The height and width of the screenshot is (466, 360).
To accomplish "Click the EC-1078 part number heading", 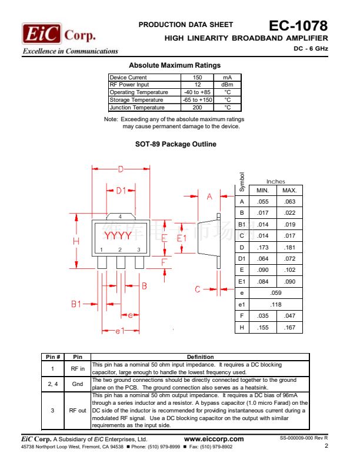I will [298, 26].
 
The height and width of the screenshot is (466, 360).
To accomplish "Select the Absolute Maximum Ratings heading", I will [175, 65].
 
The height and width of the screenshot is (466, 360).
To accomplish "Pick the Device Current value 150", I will [197, 78].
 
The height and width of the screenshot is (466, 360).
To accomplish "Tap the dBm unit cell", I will [227, 85].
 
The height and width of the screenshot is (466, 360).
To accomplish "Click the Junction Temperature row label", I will [137, 108].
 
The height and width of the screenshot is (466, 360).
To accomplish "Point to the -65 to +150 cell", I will [197, 100].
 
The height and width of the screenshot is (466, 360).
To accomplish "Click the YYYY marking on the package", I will [118, 236].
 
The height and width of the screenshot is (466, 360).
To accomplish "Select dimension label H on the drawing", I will [76, 242].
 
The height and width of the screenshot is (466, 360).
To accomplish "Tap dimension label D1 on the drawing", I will [121, 190].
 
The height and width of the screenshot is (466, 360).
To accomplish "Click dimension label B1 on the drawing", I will [76, 304].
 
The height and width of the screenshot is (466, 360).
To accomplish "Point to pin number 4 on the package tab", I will [120, 217].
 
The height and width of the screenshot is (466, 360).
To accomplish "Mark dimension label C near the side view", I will [198, 289].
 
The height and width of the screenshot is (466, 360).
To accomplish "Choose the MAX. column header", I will [289, 191].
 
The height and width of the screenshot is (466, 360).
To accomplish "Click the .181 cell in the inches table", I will [289, 248].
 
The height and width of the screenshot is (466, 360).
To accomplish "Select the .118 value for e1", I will [276, 304].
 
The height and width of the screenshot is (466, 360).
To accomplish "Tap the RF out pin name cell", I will [78, 410].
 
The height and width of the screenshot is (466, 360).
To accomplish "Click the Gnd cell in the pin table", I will [78, 384].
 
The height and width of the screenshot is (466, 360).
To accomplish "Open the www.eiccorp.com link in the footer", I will [214, 439].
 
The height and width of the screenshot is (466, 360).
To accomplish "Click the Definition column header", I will [200, 357].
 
